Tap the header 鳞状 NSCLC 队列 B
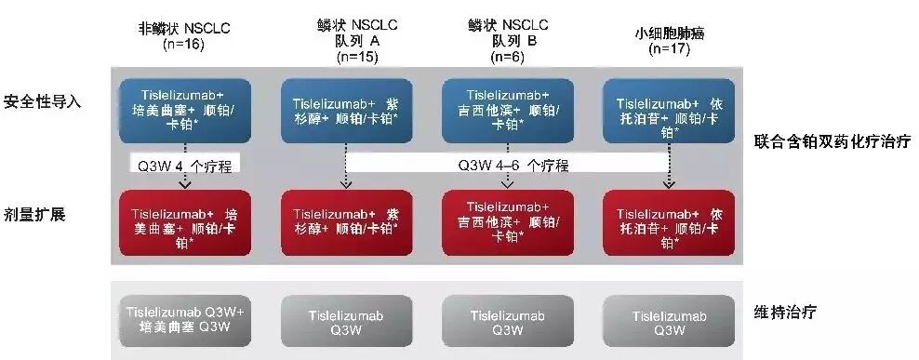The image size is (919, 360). click(508, 35)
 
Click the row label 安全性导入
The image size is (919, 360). click(43, 101)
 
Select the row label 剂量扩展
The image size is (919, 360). click(43, 213)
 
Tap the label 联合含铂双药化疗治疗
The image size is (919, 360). click(832, 142)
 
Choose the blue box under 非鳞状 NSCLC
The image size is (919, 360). click(183, 111)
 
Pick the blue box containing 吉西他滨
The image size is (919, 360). click(508, 111)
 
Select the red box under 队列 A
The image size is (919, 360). click(346, 220)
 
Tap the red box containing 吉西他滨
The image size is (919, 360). click(508, 220)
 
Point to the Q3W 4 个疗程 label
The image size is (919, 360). click(183, 166)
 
